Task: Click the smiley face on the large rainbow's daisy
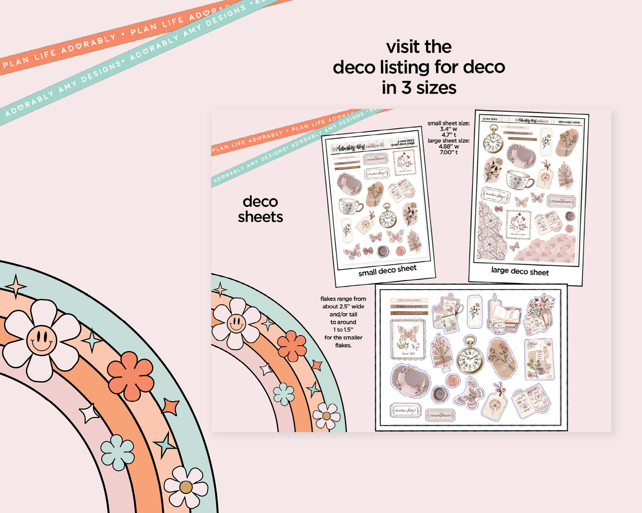[41, 340]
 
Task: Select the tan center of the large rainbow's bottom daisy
[186, 487]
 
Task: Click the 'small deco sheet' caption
[387, 270]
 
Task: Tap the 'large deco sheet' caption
[520, 271]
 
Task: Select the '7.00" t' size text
[449, 152]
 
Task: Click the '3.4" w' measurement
[449, 129]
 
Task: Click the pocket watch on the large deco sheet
[493, 140]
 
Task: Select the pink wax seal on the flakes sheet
[453, 381]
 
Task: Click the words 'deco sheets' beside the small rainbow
[260, 209]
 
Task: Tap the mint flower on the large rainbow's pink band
[118, 452]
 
